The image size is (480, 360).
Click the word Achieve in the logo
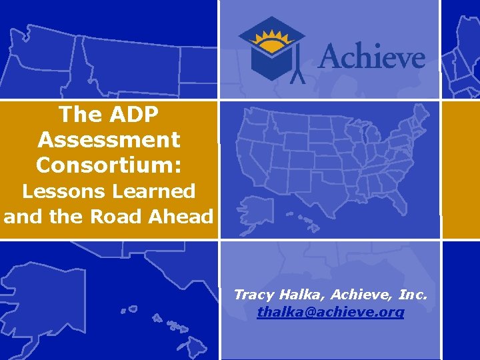pos(371,54)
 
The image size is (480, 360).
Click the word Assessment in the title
pos(109,140)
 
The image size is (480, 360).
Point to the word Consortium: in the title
pos(109,164)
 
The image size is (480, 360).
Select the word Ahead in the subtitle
pos(184,217)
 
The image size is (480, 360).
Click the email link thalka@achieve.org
pos(331,311)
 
